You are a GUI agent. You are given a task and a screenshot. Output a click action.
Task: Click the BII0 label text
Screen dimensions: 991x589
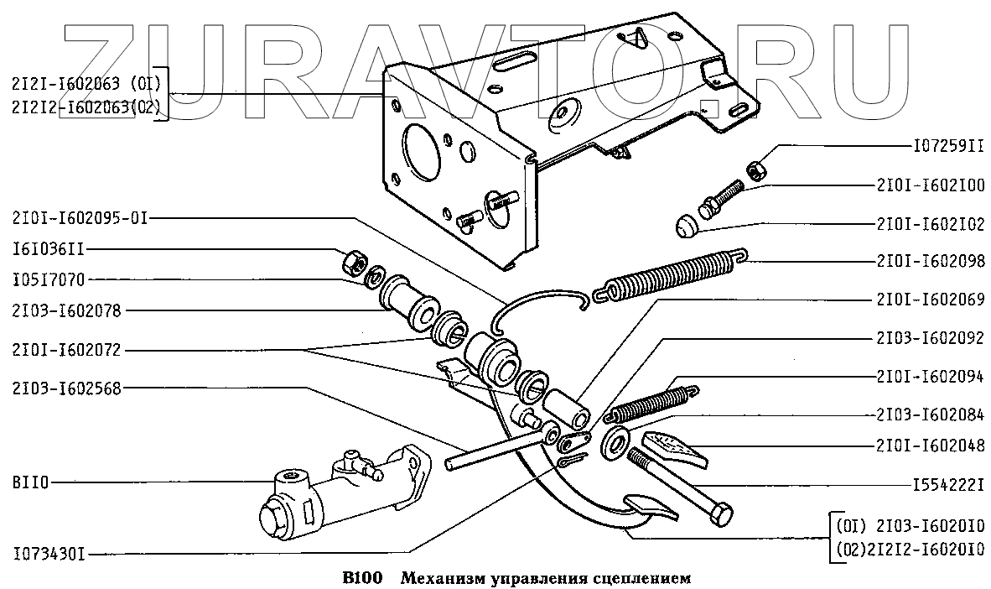coord(30,482)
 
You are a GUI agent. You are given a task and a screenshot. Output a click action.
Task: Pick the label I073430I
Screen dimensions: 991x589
coord(49,554)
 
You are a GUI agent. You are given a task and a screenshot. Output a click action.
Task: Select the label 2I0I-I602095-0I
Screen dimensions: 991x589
coord(80,217)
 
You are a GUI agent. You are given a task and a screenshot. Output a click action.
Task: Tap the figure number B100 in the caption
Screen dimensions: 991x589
coord(362,577)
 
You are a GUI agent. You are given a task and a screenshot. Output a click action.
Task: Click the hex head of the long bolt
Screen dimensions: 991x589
coord(720,513)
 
